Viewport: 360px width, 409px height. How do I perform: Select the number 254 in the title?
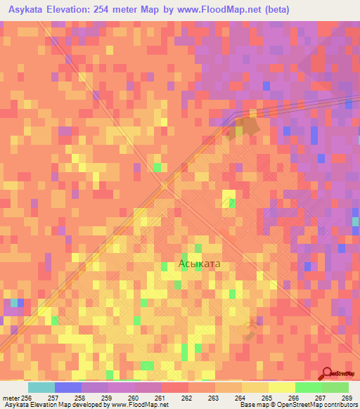[118, 11]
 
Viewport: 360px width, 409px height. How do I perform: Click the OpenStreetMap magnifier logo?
[327, 374]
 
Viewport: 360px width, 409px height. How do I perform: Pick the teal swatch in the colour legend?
[41, 387]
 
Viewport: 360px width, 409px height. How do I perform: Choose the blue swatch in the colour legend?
[67, 387]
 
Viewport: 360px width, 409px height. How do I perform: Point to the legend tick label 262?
[188, 398]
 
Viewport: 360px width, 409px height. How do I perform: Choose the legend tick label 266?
[294, 398]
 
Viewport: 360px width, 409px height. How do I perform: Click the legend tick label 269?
[346, 398]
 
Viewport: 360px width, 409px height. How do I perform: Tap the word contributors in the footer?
[340, 405]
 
